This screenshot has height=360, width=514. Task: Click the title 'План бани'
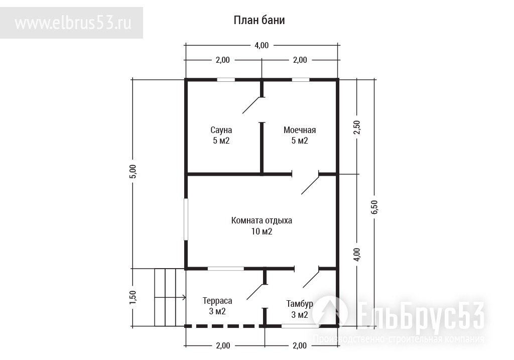[259, 20]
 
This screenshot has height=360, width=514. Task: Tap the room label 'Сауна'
[221, 130]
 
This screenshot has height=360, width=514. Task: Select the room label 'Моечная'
[300, 130]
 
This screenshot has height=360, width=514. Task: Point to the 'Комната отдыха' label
[262, 220]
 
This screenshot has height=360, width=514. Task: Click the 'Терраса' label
[217, 301]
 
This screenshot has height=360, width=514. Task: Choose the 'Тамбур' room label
[300, 304]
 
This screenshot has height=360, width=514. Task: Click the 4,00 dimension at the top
[262, 45]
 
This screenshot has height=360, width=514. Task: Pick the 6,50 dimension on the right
[374, 207]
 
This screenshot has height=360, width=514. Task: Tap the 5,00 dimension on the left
[133, 171]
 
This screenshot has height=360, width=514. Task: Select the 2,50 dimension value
[357, 127]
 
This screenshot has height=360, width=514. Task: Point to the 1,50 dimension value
[133, 297]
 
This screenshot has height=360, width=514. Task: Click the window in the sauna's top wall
[226, 80]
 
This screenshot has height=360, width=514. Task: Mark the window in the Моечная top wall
[301, 80]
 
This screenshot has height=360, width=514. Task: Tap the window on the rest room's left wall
[186, 219]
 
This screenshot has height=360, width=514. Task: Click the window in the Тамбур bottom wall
[300, 326]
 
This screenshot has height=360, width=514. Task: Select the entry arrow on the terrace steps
[170, 297]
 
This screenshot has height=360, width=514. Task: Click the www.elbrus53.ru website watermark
[73, 23]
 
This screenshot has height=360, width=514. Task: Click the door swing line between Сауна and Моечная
[252, 105]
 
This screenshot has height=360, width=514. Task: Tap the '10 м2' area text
[262, 231]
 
